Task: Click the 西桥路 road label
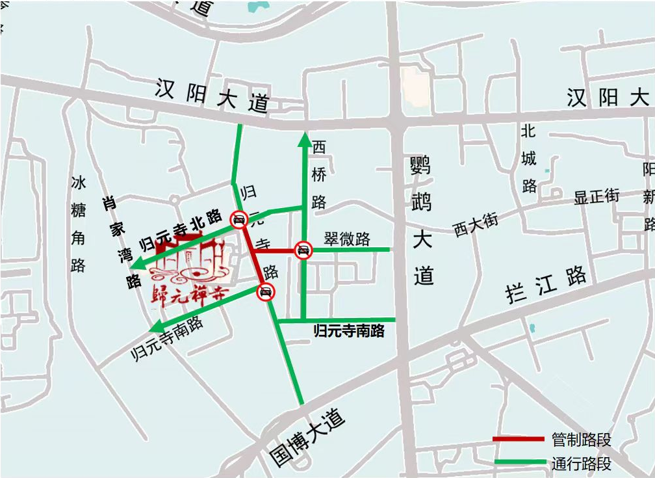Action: (x=319, y=174)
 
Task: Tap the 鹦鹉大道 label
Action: (x=422, y=221)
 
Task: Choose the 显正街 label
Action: (x=597, y=196)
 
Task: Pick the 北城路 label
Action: (x=529, y=159)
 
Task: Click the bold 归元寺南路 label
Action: (x=349, y=331)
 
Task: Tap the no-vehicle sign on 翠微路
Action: (x=303, y=250)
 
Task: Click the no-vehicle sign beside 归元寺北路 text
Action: (x=239, y=220)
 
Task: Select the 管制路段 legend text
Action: (x=581, y=440)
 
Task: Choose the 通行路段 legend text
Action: (x=581, y=464)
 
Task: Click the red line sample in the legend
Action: (x=518, y=440)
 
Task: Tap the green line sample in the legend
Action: (x=518, y=462)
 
